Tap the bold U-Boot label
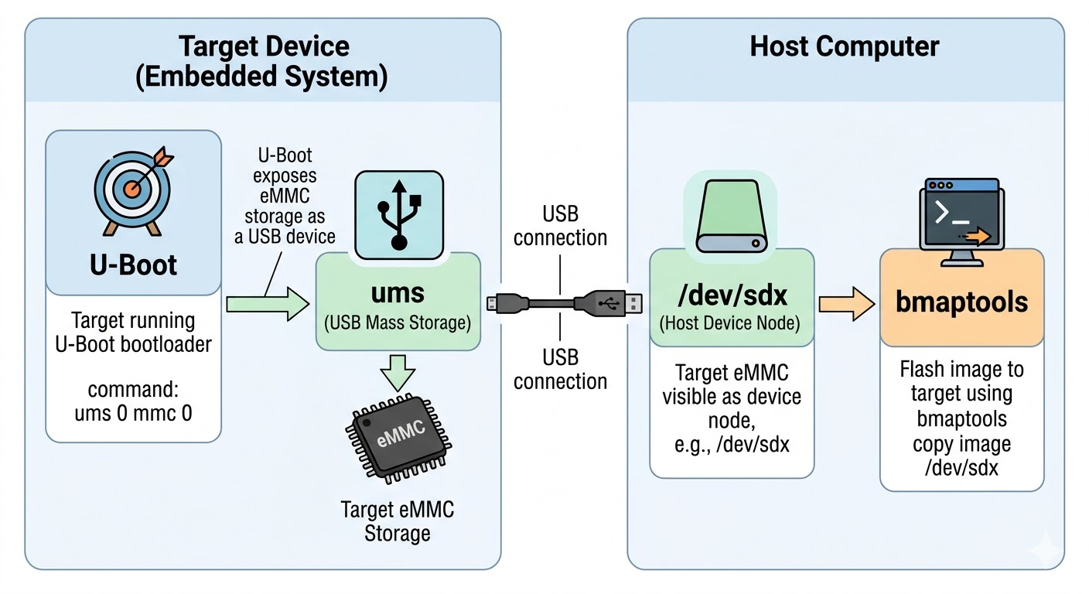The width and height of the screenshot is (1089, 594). point(133,265)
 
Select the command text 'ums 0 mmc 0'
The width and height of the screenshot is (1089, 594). point(133,413)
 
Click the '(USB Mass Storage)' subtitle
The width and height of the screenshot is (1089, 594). point(398,323)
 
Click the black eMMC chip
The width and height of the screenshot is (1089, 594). point(398,437)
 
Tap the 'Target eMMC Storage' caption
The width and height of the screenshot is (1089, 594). point(398,521)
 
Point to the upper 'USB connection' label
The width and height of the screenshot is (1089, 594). point(560,225)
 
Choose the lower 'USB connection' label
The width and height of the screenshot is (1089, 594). point(560,369)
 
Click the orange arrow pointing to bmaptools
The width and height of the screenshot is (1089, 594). point(847,303)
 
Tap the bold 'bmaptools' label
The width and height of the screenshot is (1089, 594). point(961,302)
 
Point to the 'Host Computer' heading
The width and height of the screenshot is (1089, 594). point(845,46)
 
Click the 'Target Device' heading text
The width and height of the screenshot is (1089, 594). point(263,46)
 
